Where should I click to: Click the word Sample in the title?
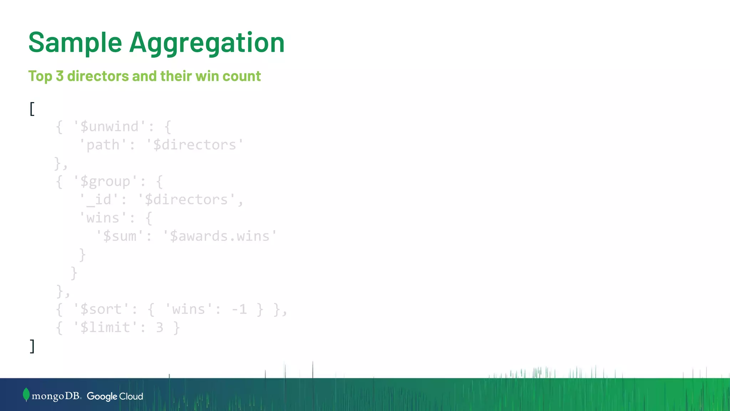(75, 43)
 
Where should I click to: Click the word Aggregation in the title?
(207, 43)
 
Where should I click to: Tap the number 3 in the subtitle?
(60, 76)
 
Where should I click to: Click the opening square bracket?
(32, 109)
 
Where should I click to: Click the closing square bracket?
(32, 346)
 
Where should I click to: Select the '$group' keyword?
(105, 182)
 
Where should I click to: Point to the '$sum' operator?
(120, 236)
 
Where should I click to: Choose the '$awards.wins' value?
(220, 236)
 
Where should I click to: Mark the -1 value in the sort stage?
(239, 309)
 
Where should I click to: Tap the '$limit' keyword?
(105, 328)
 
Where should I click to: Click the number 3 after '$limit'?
(160, 328)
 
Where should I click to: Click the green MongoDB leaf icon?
(26, 395)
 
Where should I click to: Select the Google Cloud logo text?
(115, 396)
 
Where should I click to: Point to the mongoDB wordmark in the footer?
(56, 396)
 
